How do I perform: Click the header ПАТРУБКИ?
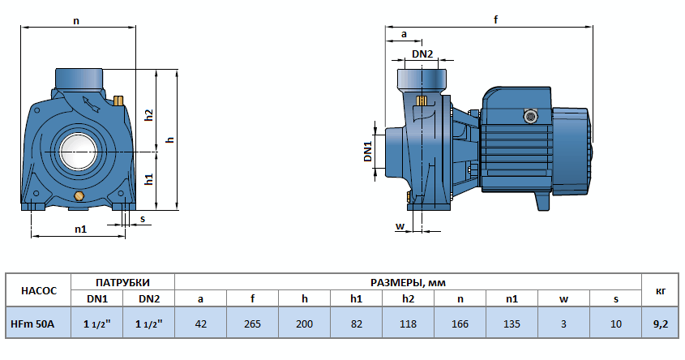tap(123, 282)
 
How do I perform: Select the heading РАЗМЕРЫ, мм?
tap(408, 282)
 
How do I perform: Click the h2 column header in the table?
tap(408, 299)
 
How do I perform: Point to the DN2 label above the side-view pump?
tap(422, 54)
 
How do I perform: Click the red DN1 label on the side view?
tap(367, 151)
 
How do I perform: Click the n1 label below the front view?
tap(80, 229)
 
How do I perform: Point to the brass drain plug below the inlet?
tap(79, 197)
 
